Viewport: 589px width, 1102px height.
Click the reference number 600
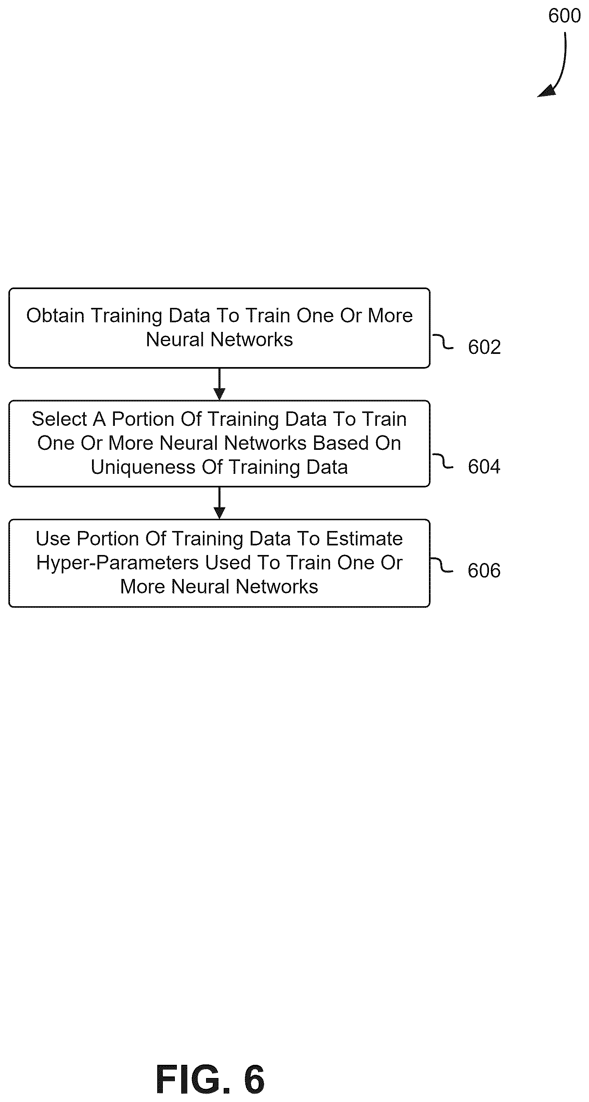coord(564,16)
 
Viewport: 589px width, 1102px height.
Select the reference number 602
coord(484,347)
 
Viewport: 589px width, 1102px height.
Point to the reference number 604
coord(484,466)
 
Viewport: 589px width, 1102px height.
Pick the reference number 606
coord(484,570)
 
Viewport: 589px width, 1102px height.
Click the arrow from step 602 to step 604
coord(219,384)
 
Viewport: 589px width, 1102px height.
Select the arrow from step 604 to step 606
coord(219,503)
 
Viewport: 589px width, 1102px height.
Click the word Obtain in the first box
coord(55,316)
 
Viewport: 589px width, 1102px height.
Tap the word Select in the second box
coord(59,419)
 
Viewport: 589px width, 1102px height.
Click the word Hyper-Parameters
coord(117,563)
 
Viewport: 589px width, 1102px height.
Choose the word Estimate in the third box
coord(364,539)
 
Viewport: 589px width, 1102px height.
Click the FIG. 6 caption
coord(210,1079)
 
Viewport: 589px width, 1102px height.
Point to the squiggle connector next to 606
coord(441,565)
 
